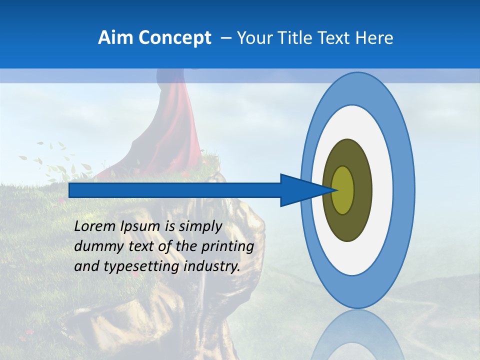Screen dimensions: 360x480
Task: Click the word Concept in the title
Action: (174, 38)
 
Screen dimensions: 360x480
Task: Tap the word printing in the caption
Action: (228, 247)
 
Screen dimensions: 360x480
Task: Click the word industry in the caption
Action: (212, 266)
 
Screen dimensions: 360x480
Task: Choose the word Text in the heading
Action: (333, 38)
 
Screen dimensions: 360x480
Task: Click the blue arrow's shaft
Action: (175, 190)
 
